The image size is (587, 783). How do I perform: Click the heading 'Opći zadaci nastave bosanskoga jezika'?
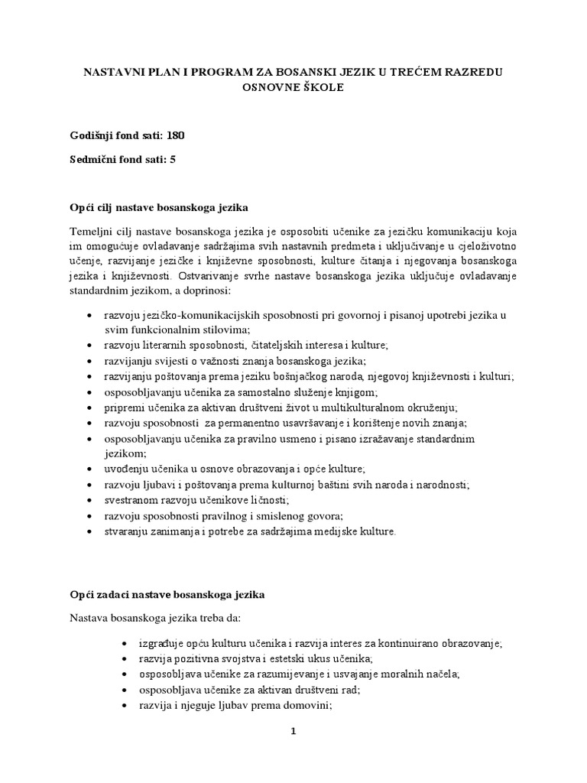coord(167,593)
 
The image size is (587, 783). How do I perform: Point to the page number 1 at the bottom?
coord(293,731)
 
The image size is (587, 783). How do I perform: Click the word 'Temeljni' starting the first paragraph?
coord(90,231)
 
